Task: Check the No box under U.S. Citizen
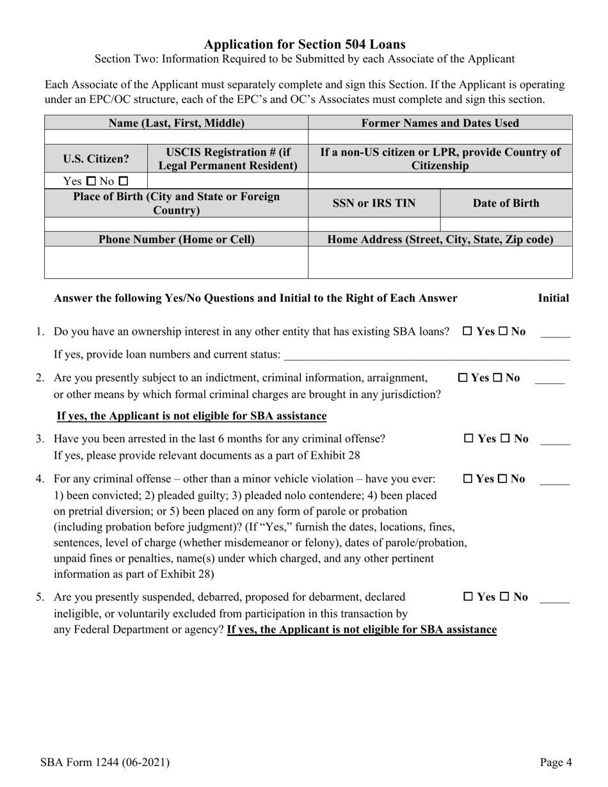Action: click(124, 182)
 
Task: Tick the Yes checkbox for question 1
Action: click(467, 331)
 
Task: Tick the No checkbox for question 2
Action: click(499, 378)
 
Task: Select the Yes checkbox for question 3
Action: click(468, 439)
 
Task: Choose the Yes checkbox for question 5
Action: click(468, 597)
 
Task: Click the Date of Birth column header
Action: click(506, 203)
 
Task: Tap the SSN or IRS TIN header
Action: click(374, 203)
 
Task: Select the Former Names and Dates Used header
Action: click(440, 123)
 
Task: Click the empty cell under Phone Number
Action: click(176, 262)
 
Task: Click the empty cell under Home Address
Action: click(440, 262)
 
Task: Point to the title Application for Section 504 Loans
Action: click(304, 44)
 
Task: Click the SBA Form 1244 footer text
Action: click(104, 762)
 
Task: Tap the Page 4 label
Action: click(556, 762)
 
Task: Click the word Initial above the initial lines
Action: click(553, 298)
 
